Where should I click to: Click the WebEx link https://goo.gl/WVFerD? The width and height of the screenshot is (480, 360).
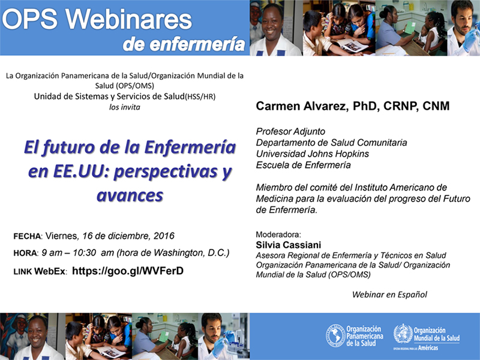pyautogui.click(x=128, y=271)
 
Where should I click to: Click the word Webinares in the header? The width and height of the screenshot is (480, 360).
pyautogui.click(x=128, y=20)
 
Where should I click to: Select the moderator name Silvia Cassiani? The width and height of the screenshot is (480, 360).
pyautogui.click(x=289, y=245)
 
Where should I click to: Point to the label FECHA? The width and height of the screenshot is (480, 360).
pyautogui.click(x=27, y=236)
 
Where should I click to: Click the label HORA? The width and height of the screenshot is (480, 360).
pyautogui.click(x=25, y=253)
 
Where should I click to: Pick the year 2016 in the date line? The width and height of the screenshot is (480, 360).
pyautogui.click(x=164, y=236)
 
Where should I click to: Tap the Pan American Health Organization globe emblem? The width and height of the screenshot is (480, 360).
pyautogui.click(x=335, y=336)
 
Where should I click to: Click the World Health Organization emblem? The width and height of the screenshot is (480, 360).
pyautogui.click(x=403, y=334)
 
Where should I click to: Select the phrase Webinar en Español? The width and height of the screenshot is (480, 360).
pyautogui.click(x=389, y=295)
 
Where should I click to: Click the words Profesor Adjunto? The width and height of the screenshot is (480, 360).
pyautogui.click(x=290, y=131)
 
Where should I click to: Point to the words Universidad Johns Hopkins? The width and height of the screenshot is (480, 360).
pyautogui.click(x=313, y=154)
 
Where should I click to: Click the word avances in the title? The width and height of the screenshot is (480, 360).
pyautogui.click(x=130, y=196)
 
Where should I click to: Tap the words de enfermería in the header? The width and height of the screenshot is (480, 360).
pyautogui.click(x=184, y=44)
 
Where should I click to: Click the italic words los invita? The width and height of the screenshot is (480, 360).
pyautogui.click(x=125, y=107)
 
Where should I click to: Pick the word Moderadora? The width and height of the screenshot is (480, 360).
pyautogui.click(x=278, y=235)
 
